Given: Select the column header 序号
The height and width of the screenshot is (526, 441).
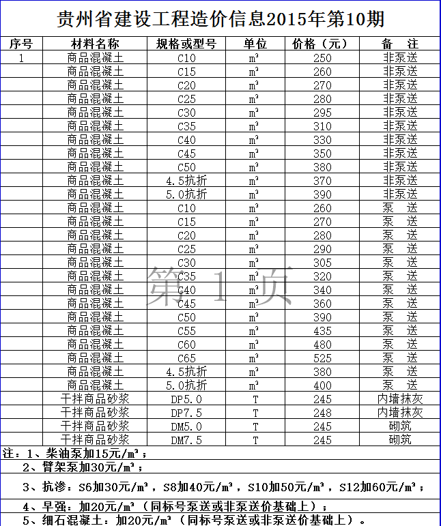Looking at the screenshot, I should click(x=21, y=44).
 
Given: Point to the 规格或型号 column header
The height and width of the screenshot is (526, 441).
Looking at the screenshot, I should click(x=186, y=44).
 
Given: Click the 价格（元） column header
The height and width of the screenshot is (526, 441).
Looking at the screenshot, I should click(x=320, y=44).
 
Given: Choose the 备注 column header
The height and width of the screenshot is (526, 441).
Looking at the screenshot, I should click(x=399, y=44).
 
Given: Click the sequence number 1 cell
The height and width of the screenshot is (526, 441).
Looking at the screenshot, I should click(x=21, y=58).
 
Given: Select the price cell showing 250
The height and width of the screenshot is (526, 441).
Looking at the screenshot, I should click(x=322, y=58).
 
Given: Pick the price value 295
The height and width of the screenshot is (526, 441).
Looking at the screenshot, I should click(x=322, y=113).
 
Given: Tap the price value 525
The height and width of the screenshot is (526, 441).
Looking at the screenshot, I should click(x=322, y=358).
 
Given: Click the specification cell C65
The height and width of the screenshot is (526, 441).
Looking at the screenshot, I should click(x=186, y=358).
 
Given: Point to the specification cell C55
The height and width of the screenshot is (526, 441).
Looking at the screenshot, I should click(x=186, y=331).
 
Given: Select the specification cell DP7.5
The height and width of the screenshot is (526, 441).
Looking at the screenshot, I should click(x=186, y=413).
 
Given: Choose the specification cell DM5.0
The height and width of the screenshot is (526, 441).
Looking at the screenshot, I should click(x=186, y=426).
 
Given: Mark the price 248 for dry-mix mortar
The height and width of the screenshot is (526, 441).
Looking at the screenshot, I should click(x=322, y=413).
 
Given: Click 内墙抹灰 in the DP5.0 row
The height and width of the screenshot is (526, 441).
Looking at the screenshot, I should click(x=400, y=399).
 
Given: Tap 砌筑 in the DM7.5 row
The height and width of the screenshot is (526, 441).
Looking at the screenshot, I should click(x=400, y=440).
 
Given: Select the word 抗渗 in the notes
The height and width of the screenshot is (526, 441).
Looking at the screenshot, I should click(x=53, y=487).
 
